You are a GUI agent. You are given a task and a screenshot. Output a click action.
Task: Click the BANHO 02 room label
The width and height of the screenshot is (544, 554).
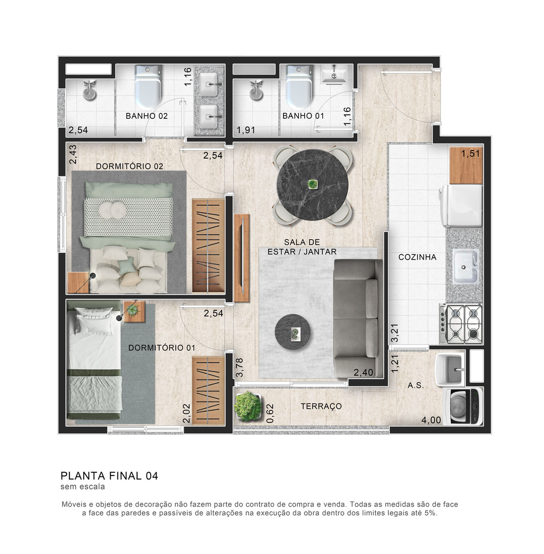point(147,116)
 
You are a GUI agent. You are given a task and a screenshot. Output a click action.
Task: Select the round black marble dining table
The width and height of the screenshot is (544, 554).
point(312,184)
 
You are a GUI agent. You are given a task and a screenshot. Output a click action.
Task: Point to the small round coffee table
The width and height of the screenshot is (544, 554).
point(293,332)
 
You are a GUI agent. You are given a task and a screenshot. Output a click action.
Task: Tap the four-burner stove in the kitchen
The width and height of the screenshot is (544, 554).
point(461,324)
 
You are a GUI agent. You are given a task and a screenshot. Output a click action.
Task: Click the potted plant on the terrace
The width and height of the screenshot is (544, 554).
point(248,405)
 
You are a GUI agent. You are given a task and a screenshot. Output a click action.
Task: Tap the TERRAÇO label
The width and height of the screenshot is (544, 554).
point(321,406)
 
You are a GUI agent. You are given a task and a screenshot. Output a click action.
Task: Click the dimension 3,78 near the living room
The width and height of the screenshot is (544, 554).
point(240,368)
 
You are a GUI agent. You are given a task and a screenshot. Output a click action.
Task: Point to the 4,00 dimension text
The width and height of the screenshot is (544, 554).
point(431,420)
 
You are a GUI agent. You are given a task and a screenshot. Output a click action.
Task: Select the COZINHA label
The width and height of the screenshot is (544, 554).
point(418,257)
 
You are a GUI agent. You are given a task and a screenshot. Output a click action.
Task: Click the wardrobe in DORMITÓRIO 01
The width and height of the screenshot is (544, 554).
point(209,390)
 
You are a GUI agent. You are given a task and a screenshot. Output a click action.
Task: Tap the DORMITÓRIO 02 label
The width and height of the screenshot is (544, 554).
point(130,166)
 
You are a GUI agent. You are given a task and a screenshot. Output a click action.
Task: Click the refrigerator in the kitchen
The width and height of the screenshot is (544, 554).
point(461,205)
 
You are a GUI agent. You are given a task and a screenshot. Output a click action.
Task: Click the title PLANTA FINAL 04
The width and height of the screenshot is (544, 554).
point(109,475)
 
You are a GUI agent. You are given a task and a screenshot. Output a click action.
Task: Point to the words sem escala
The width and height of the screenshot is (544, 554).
point(83,487)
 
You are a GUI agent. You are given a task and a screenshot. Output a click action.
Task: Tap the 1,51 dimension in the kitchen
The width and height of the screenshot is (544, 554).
point(470,154)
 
